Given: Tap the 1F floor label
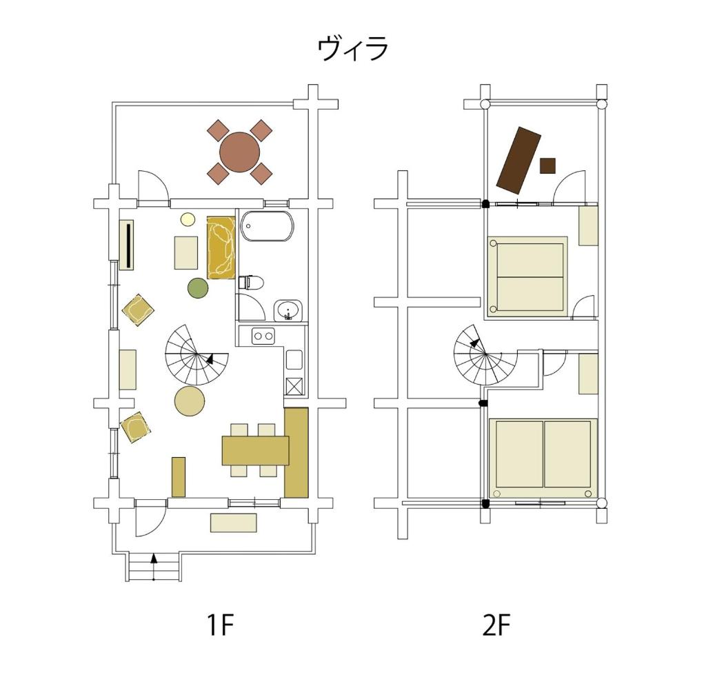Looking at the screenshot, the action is [x=221, y=625].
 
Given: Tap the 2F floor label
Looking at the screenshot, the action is [x=496, y=625].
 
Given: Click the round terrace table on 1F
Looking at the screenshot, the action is [x=240, y=152].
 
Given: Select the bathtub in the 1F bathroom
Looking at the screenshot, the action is [x=267, y=226].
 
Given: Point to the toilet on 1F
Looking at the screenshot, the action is [x=250, y=282].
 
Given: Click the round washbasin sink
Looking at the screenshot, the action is [x=288, y=310].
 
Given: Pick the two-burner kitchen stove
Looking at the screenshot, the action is [x=263, y=336].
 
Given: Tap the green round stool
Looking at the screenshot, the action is [x=198, y=288].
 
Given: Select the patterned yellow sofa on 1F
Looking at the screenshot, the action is [x=221, y=247].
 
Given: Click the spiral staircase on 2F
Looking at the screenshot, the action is [x=486, y=355].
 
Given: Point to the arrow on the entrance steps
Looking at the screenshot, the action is [x=154, y=567].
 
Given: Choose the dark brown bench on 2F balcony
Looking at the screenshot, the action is [x=518, y=160].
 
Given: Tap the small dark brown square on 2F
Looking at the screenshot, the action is [x=547, y=165].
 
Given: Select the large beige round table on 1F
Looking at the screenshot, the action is [x=190, y=401].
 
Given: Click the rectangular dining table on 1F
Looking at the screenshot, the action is [x=256, y=450].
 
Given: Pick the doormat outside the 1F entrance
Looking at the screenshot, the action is [x=234, y=523].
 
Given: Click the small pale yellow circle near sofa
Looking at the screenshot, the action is [x=188, y=219].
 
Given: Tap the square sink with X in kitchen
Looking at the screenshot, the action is [x=294, y=386].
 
